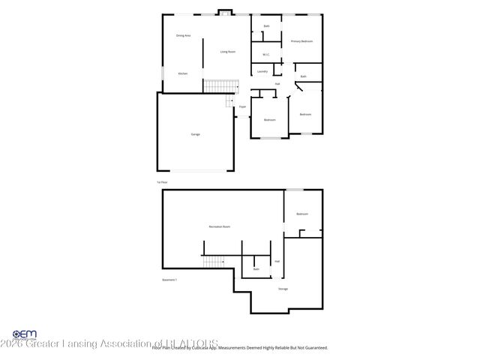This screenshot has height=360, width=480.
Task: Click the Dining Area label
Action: [183, 35]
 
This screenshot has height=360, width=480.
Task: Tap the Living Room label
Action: [228, 52]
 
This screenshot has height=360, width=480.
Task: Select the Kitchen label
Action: [182, 73]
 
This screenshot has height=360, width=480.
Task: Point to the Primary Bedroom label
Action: [301, 41]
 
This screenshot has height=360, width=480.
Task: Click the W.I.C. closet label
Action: [265, 54]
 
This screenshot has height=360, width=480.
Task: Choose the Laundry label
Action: [262, 71]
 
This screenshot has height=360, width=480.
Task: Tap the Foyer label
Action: [242, 107]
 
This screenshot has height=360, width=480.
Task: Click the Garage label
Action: [195, 134]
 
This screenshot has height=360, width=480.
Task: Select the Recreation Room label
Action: [219, 226]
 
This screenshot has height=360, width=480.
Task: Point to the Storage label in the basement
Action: [283, 289]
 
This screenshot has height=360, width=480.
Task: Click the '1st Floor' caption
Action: [161, 181]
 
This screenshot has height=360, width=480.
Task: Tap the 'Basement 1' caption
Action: [169, 280]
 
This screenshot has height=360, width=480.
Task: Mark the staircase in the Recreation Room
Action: [214, 261]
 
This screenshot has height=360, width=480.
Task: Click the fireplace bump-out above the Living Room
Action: [223, 12]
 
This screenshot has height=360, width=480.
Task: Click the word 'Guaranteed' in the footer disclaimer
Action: [313, 348]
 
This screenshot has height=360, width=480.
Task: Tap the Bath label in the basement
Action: [256, 268]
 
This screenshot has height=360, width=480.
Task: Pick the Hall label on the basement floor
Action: [277, 261]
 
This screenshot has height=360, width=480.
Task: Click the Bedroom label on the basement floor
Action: [302, 214]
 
